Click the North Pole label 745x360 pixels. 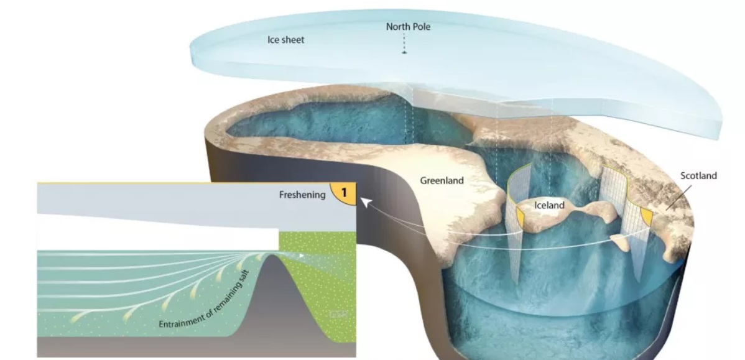pos(407,27)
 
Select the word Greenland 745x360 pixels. pos(442,181)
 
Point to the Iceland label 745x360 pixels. pos(549,205)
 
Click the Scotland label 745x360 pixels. pos(698,176)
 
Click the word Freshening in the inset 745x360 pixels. pos(302,195)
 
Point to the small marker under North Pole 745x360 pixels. pos(404,53)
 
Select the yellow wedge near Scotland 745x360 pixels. pos(646,216)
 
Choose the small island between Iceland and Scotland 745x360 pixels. pos(621,239)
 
